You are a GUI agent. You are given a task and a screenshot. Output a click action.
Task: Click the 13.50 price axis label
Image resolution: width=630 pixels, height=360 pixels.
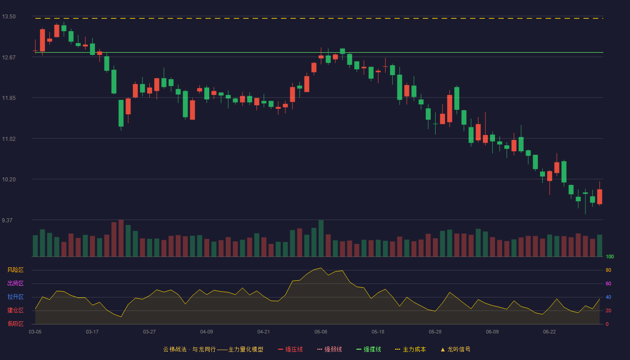click(x=9, y=17)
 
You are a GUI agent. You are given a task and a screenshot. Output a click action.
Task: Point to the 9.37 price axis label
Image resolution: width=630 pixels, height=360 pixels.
click(x=7, y=220)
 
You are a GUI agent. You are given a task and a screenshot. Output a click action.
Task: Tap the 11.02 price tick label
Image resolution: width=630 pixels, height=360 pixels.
click(x=9, y=139)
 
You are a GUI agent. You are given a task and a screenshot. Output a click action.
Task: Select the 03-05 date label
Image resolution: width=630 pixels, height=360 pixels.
click(x=35, y=332)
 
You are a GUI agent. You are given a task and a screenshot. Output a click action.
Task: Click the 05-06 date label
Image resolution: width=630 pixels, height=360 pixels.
click(x=321, y=332)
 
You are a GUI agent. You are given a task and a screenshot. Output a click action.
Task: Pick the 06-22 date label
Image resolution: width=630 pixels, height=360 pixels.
click(x=549, y=332)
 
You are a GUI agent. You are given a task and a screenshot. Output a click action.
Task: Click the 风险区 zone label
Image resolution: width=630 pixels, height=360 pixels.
click(x=15, y=270)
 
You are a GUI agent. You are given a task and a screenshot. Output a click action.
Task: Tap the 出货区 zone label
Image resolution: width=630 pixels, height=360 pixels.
click(x=15, y=283)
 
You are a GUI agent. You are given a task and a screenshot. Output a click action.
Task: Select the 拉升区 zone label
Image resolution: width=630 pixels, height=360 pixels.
click(x=15, y=297)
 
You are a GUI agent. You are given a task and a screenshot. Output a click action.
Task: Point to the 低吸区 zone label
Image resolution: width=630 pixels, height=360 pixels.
click(x=15, y=324)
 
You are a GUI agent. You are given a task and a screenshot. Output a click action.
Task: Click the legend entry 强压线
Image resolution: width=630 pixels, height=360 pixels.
click(x=290, y=349)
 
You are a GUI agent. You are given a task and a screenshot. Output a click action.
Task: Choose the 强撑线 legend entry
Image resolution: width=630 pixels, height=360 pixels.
click(x=369, y=349)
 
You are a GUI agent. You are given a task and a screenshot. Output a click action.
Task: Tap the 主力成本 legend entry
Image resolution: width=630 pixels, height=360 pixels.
click(x=410, y=349)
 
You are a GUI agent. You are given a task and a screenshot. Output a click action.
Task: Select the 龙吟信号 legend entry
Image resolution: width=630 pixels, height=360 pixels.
click(x=455, y=349)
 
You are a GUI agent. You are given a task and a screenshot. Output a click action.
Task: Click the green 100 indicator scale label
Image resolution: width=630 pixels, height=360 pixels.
click(x=610, y=256)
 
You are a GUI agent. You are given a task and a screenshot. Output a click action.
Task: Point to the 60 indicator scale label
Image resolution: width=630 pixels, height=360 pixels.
click(x=608, y=283)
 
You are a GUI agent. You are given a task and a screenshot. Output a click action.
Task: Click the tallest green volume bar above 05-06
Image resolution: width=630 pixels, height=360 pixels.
click(x=321, y=238)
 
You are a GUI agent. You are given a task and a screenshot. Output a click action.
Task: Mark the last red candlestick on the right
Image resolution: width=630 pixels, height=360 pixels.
click(x=599, y=197)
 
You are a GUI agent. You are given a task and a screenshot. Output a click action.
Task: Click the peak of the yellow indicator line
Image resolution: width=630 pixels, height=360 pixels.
click(x=321, y=268)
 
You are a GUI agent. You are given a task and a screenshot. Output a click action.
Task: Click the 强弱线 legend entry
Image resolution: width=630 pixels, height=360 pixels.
click(x=329, y=349)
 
